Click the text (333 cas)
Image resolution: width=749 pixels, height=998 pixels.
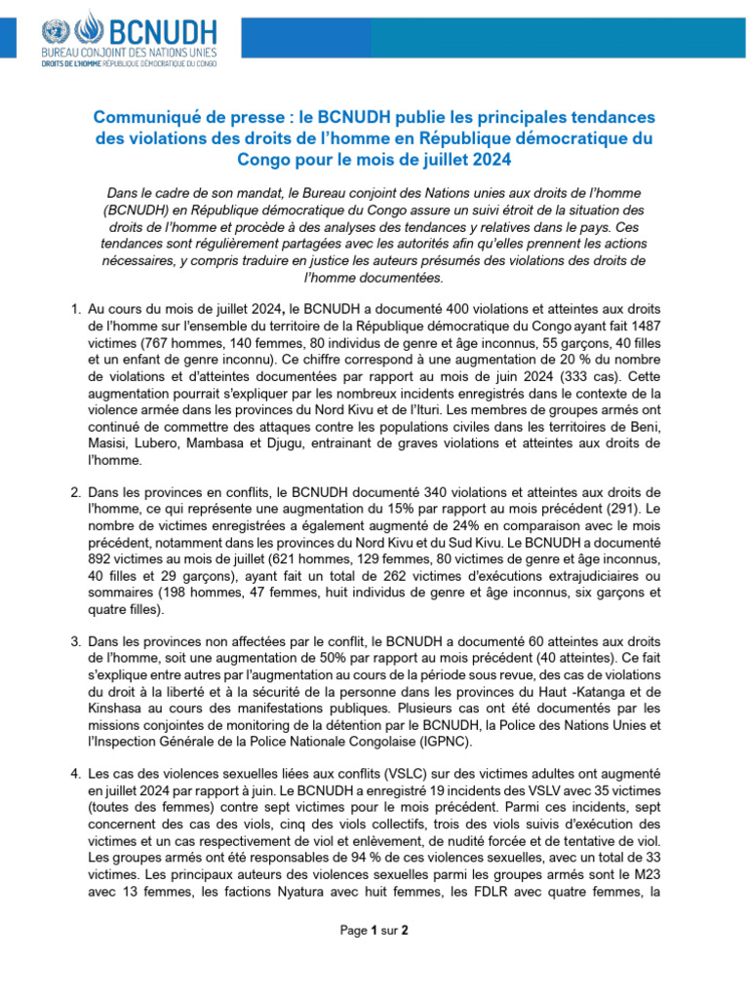coord(604,375)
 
